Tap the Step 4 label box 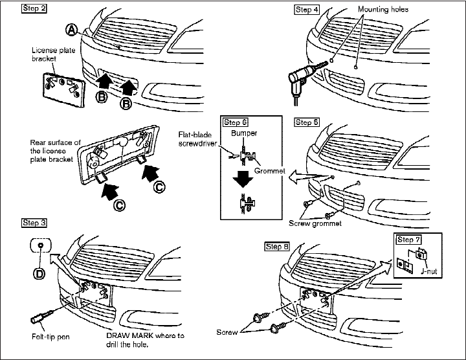click(307, 10)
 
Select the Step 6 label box click(236, 122)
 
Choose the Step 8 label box click(277, 247)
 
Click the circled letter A click(71, 29)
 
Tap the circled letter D click(40, 273)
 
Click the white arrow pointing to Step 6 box click(299, 175)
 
